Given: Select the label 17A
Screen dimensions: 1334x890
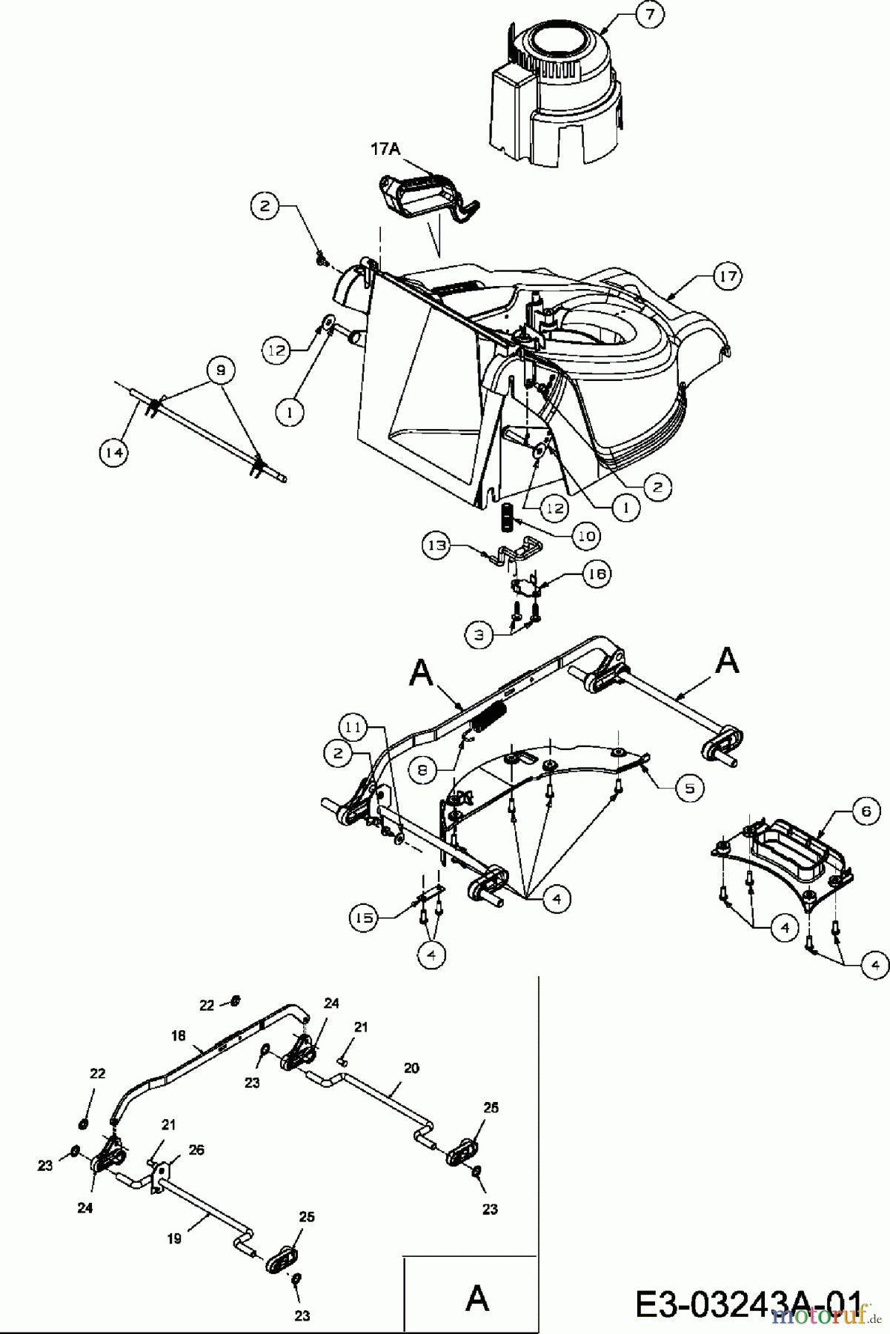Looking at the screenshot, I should (x=385, y=149).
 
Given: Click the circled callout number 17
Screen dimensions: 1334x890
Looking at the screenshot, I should (x=726, y=276).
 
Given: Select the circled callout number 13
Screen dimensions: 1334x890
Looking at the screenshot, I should (x=436, y=546).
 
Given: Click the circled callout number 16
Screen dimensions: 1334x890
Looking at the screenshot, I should (x=597, y=574).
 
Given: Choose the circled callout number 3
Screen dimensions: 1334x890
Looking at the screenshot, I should (x=479, y=634).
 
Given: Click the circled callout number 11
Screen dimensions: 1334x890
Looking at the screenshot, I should (x=354, y=728).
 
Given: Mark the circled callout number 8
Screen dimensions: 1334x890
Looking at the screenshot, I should (x=422, y=770).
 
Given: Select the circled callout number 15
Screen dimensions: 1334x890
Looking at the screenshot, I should (x=363, y=917).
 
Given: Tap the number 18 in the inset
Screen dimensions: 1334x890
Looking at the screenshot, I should (x=177, y=1036).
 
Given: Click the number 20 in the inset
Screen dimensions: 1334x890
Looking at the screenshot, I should (x=411, y=1068).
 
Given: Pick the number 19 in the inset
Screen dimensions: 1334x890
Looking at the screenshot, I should (x=174, y=1238).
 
